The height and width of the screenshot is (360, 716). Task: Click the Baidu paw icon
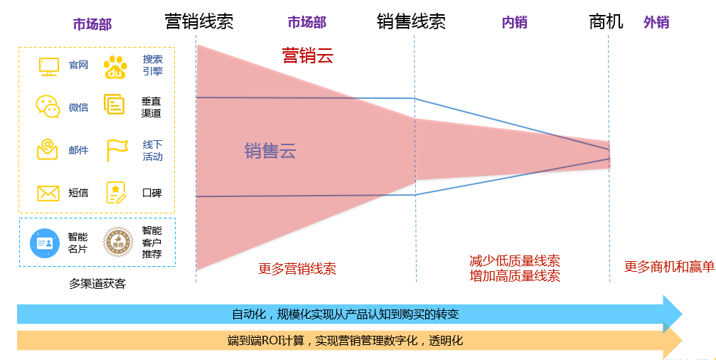click(x=115, y=67)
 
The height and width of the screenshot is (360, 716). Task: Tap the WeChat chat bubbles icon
click(x=48, y=107)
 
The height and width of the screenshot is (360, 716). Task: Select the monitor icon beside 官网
click(x=49, y=67)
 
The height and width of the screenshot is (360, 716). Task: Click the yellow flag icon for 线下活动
click(x=117, y=150)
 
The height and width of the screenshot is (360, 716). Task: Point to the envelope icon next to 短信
click(x=48, y=194)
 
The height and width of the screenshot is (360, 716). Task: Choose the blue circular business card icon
click(x=45, y=243)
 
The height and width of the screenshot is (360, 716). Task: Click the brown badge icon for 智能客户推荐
click(x=118, y=243)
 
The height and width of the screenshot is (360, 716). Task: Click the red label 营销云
click(x=308, y=55)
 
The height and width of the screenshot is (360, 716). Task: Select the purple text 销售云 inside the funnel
click(x=270, y=151)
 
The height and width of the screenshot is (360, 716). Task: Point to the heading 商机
click(x=606, y=21)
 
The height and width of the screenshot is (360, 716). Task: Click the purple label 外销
click(x=656, y=22)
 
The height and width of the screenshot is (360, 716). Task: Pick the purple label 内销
click(x=515, y=22)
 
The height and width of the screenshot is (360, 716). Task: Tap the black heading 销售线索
click(x=411, y=21)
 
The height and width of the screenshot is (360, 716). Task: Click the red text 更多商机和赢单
click(x=669, y=267)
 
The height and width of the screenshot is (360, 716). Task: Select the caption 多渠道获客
click(x=97, y=284)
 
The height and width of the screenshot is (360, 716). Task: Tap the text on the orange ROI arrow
click(x=346, y=340)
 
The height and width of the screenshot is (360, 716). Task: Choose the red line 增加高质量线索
click(x=515, y=276)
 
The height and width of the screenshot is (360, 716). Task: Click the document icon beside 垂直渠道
click(x=114, y=104)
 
